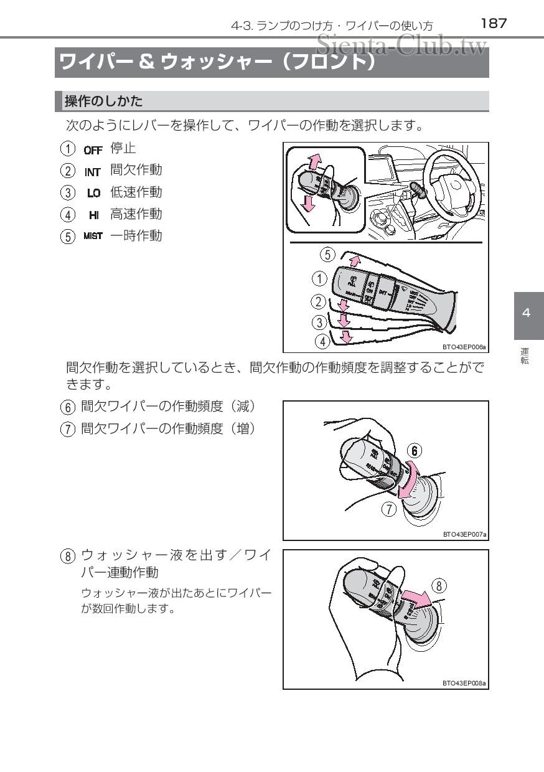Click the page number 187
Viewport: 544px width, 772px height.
tap(494, 24)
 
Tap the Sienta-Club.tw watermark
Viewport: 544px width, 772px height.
tap(401, 44)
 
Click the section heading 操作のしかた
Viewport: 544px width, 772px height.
tap(103, 101)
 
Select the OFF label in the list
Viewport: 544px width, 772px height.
tap(93, 149)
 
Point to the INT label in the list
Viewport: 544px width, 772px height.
tap(93, 171)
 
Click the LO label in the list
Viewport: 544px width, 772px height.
tap(94, 193)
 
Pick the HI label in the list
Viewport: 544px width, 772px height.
tap(94, 215)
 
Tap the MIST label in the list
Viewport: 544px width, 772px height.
tap(93, 237)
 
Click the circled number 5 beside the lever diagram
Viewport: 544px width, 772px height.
tap(328, 254)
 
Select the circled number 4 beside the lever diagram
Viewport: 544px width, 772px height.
tap(322, 341)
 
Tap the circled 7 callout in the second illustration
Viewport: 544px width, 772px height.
tap(389, 509)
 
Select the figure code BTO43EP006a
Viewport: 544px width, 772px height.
tap(464, 347)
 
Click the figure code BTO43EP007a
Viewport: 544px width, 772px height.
tap(464, 534)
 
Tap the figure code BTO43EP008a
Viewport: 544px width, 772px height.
tap(464, 683)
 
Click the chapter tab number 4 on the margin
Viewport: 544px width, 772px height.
tap(527, 313)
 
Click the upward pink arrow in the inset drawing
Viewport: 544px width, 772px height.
tap(317, 162)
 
